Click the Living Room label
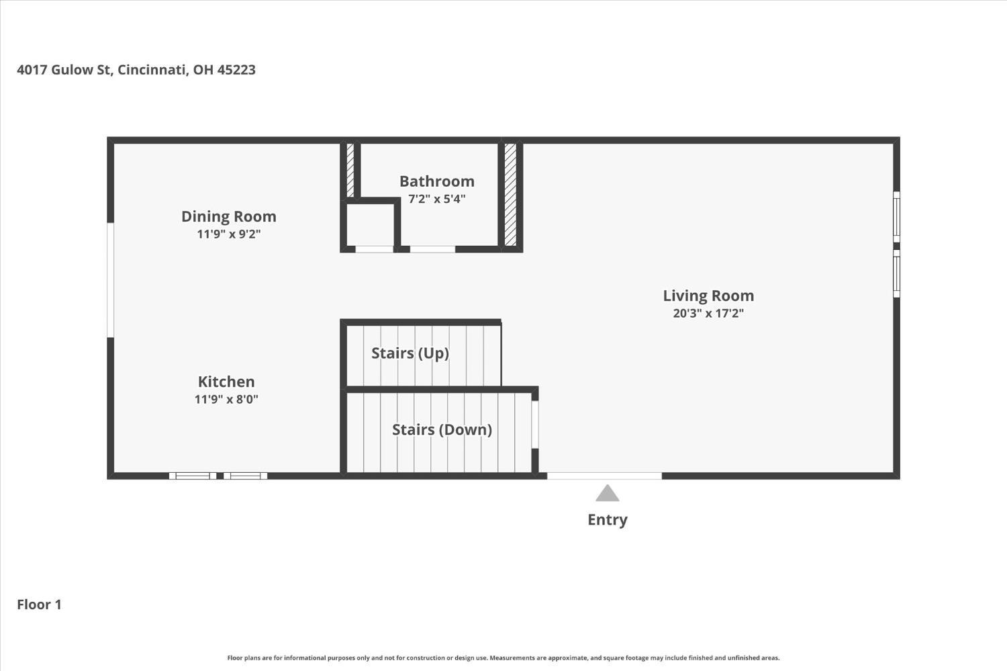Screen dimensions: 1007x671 click(708, 296)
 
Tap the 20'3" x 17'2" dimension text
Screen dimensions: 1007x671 click(708, 313)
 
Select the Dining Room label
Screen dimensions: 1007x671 click(229, 216)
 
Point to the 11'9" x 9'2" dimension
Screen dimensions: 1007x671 click(229, 234)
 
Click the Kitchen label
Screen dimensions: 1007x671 click(226, 382)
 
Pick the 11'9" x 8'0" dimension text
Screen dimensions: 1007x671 click(226, 399)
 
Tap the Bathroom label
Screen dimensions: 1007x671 click(437, 181)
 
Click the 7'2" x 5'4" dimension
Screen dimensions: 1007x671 click(437, 199)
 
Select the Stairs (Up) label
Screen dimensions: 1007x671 click(410, 353)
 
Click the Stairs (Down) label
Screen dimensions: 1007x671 click(442, 430)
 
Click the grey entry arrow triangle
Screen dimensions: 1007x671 click(608, 494)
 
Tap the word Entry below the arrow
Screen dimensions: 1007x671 click(608, 520)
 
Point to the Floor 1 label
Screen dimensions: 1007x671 click(39, 605)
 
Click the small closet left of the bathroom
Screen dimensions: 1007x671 click(371, 225)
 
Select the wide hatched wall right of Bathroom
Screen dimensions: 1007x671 click(510, 194)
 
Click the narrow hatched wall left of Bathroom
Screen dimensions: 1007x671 click(350, 170)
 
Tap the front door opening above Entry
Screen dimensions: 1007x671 click(604, 476)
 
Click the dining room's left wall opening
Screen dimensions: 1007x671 click(110, 279)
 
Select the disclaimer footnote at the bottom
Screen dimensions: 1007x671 click(503, 658)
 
